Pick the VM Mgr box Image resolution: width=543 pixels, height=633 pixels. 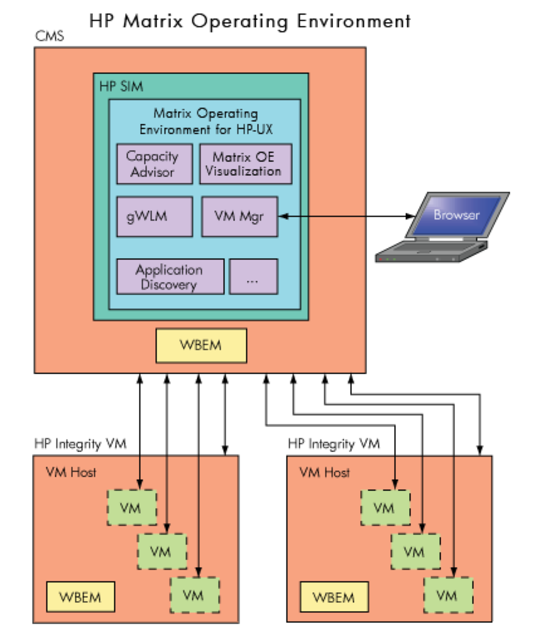coord(239,217)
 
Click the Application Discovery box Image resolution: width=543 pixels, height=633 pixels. coord(170,277)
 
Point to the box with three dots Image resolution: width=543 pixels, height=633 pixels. coord(253,277)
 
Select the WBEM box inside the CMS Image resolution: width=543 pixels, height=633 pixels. coord(201,346)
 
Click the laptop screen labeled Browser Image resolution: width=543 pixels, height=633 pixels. coord(456,214)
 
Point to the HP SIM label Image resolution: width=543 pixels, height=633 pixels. coord(121,85)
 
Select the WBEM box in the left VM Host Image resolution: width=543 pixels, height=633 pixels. coord(80,597)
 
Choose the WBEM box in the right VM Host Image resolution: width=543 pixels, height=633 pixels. coord(334,597)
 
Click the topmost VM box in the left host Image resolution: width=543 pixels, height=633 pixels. coord(130,507)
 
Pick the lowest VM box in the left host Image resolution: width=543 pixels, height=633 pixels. coord(195,593)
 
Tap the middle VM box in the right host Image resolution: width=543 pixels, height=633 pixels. coord(414,551)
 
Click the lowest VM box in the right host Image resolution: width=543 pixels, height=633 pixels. coord(447,594)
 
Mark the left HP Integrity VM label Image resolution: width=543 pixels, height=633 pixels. coord(80,444)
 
